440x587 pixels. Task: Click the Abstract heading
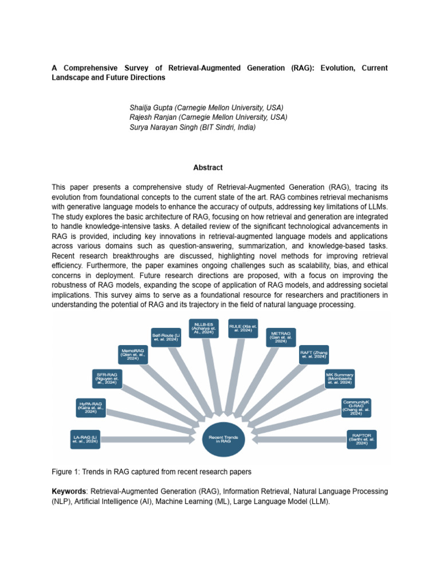[207, 168]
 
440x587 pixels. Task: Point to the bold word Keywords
[68, 492]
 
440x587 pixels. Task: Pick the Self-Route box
[165, 335]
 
